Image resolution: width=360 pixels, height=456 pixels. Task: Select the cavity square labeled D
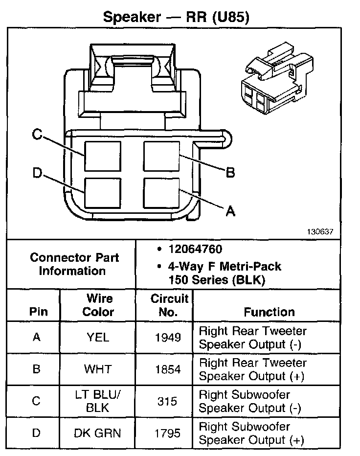click(x=102, y=192)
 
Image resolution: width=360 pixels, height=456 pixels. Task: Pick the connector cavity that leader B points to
click(x=161, y=156)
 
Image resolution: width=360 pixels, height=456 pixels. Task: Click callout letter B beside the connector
click(x=230, y=172)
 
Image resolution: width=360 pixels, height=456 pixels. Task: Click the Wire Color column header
click(x=98, y=305)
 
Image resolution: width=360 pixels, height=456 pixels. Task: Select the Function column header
click(x=269, y=312)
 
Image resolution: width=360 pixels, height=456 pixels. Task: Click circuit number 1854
click(x=168, y=369)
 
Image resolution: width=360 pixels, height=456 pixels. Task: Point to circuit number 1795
click(x=168, y=433)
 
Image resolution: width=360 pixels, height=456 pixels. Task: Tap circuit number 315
click(x=168, y=401)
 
